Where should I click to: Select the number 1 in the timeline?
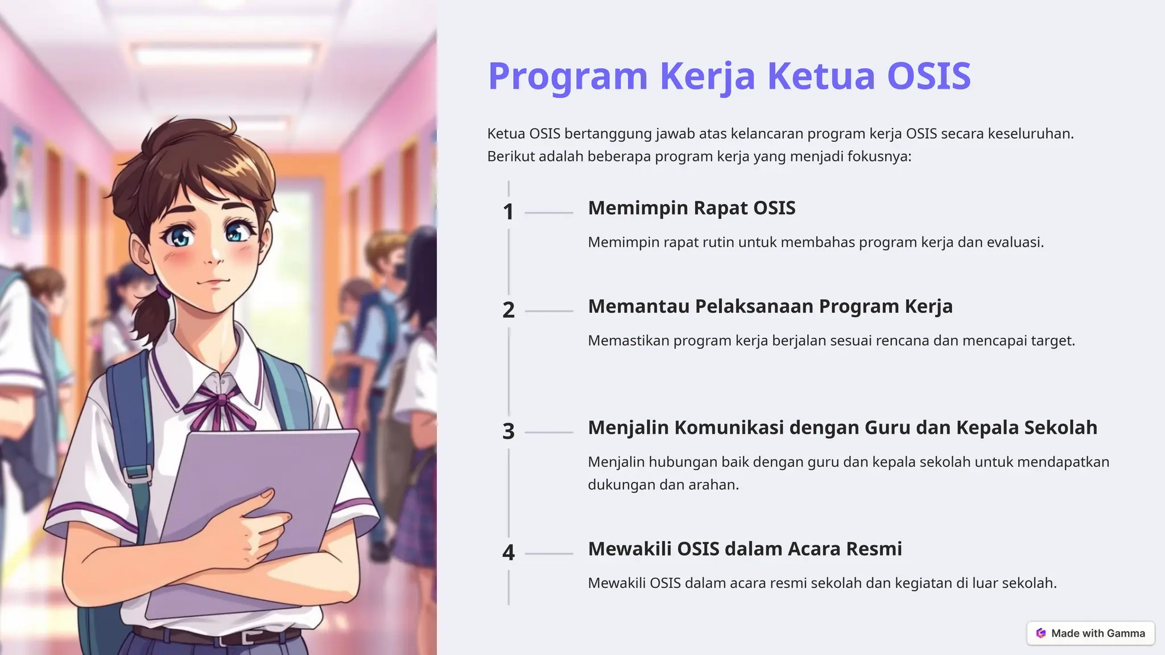coord(508,212)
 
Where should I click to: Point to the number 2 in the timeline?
coord(508,310)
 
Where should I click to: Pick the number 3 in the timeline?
coord(508,432)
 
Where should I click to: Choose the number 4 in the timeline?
coord(508,553)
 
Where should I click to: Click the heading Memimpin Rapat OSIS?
coord(691,208)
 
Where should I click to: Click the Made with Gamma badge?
coord(1090,633)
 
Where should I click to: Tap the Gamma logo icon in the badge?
coord(1041,633)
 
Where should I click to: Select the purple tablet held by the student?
coord(256,512)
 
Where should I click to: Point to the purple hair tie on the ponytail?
coord(163,292)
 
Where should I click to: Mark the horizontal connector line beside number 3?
coord(549,432)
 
